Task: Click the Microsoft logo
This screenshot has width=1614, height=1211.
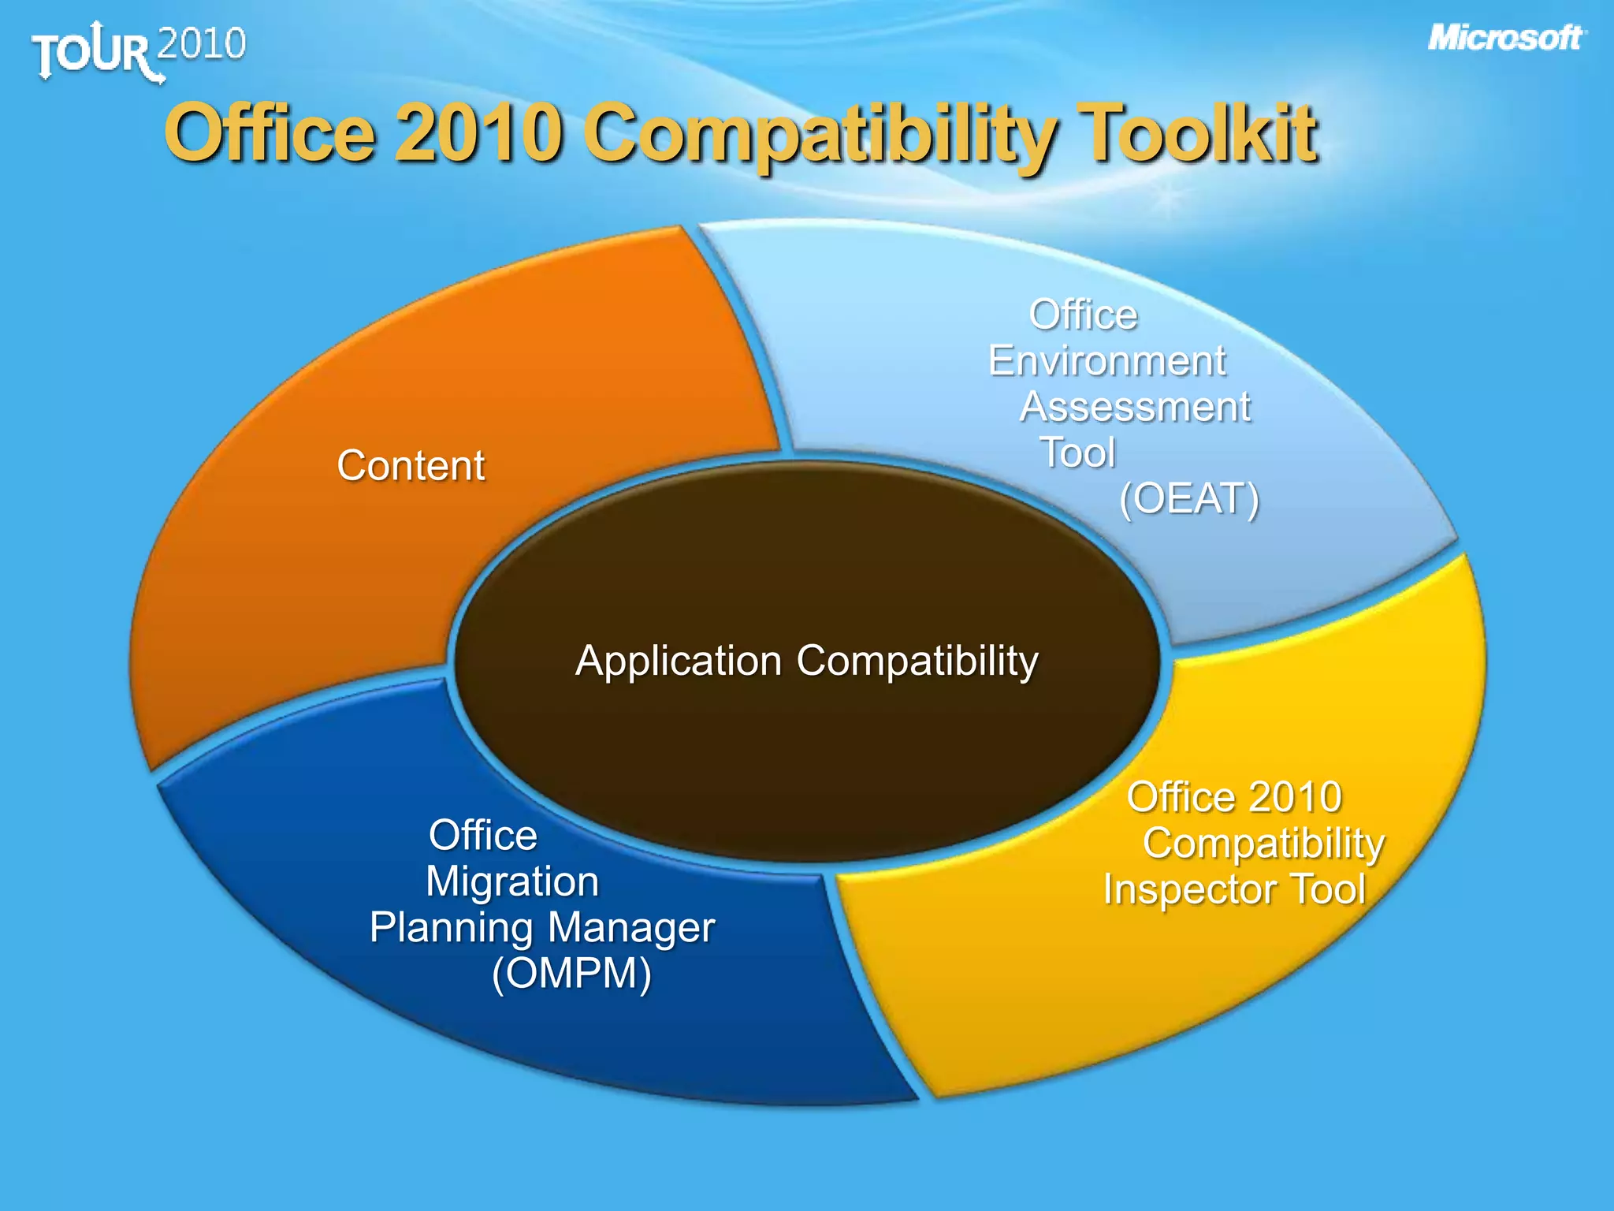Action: (x=1505, y=38)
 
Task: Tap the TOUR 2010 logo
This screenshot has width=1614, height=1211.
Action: (x=139, y=50)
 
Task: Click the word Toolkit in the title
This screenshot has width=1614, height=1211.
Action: (x=1197, y=133)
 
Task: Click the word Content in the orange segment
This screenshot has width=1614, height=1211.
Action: (x=411, y=465)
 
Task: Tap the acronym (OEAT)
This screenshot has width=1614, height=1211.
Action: (x=1189, y=498)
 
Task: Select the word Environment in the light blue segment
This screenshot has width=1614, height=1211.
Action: (x=1107, y=361)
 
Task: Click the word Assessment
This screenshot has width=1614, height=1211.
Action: (x=1135, y=407)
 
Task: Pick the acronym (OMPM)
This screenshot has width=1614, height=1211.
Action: (x=571, y=973)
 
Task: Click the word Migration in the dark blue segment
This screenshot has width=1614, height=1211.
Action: (x=512, y=881)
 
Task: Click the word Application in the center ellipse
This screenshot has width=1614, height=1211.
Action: (x=679, y=661)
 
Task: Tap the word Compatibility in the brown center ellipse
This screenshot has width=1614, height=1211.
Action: (x=917, y=661)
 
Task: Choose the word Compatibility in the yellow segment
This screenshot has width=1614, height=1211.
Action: (x=1263, y=844)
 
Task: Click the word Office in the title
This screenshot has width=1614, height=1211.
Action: (x=269, y=133)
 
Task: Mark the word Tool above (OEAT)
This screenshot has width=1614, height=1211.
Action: (x=1078, y=453)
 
